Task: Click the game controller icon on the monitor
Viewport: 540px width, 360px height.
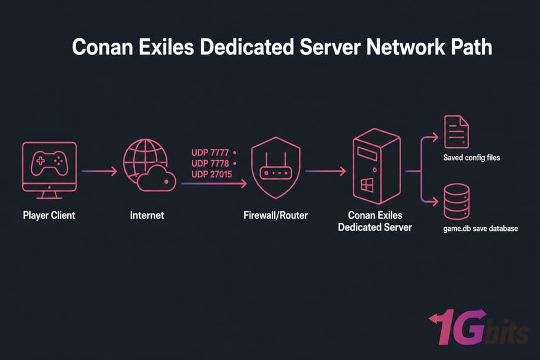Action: (49, 163)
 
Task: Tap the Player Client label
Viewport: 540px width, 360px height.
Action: (49, 215)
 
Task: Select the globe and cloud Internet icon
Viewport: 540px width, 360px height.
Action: (149, 165)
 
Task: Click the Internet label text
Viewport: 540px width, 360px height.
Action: (147, 215)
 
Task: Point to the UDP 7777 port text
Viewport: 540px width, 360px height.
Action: (210, 152)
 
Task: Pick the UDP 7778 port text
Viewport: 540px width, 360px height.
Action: (210, 163)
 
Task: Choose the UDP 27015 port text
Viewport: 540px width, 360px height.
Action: (212, 175)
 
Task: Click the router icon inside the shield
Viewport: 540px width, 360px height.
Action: (275, 167)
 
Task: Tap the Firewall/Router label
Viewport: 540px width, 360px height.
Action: (275, 215)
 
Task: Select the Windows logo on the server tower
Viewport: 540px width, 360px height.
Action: (367, 185)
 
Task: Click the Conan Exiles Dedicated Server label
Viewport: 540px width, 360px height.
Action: (375, 221)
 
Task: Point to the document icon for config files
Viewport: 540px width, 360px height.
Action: (457, 131)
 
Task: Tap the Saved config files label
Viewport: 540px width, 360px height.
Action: (472, 158)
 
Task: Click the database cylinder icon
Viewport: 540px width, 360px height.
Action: (457, 202)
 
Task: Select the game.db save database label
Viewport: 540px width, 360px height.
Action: (481, 229)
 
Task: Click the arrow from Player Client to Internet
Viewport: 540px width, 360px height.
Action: (99, 171)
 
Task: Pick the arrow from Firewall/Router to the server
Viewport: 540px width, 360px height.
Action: (325, 171)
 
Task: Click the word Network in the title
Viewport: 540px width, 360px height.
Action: (406, 47)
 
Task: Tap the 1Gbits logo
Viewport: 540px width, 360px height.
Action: (479, 327)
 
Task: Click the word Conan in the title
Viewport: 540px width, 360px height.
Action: (102, 47)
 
